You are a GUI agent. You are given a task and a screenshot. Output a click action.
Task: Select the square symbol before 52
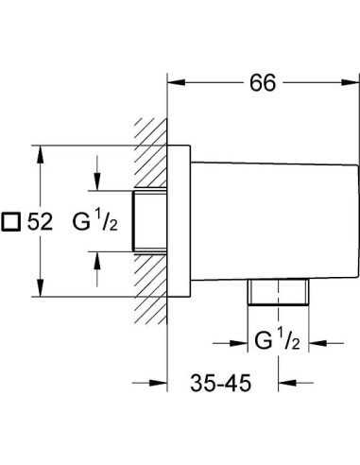click(13, 222)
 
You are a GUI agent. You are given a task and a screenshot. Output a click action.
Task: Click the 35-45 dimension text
click(221, 385)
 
